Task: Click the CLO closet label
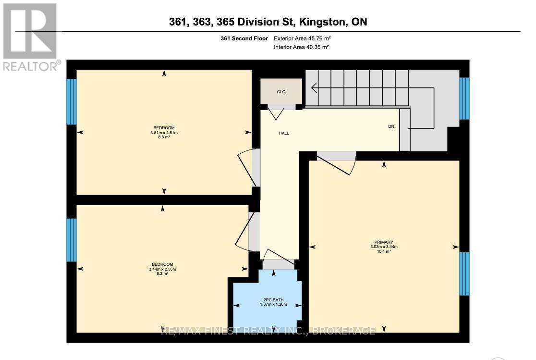[281, 92]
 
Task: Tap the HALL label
[284, 133]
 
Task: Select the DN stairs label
[391, 127]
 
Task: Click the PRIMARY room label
[384, 242]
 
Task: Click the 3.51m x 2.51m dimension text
[164, 133]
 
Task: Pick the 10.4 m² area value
[384, 251]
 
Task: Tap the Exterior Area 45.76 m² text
[302, 38]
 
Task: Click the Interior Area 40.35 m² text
[301, 47]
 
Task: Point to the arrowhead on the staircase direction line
[314, 88]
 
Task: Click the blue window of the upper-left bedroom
[71, 101]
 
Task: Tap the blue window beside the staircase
[464, 98]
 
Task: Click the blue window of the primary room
[464, 273]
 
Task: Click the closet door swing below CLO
[276, 113]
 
